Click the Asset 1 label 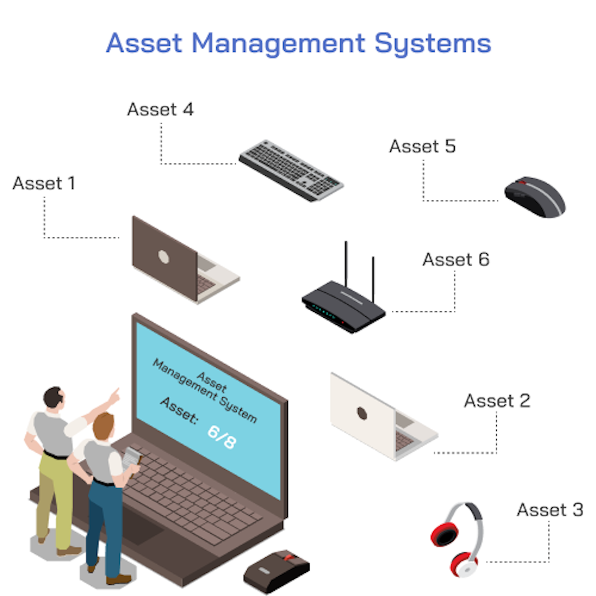coord(44,183)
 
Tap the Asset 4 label coord(160,109)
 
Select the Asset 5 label coord(422,146)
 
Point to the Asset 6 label coord(455,259)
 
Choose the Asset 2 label coord(497,401)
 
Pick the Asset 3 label coord(549,510)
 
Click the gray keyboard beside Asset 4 coord(291,170)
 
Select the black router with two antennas coord(343,306)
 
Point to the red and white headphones coord(457,538)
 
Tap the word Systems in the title coord(433,42)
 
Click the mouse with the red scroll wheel coord(277,570)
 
